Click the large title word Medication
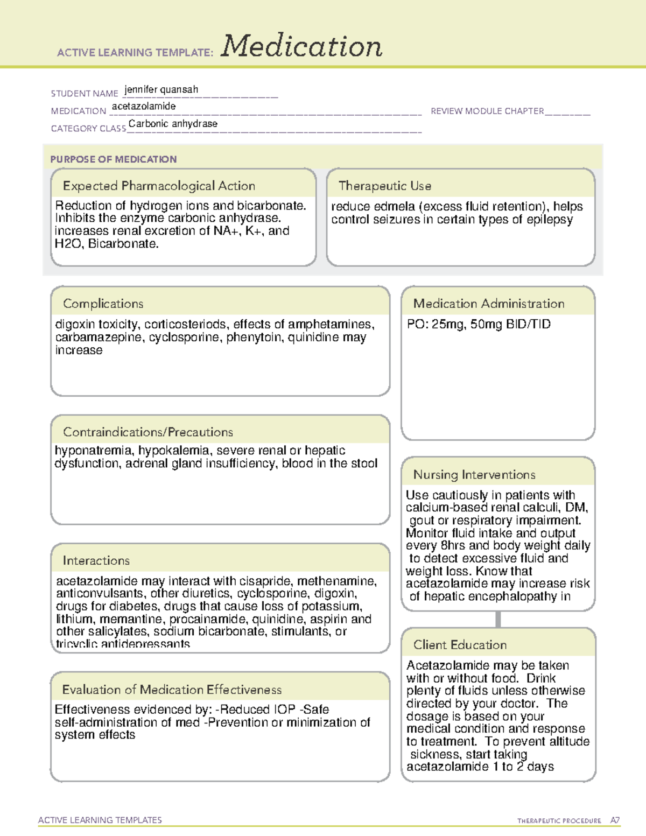(301, 46)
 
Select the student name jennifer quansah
(161, 89)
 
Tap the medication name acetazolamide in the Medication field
(144, 107)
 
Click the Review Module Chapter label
(487, 111)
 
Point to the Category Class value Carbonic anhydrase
(173, 124)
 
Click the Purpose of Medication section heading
(113, 159)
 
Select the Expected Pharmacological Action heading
(159, 186)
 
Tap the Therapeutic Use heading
(384, 186)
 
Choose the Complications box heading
(103, 304)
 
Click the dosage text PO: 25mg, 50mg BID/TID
(479, 324)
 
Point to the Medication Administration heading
(488, 304)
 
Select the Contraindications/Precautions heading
(148, 432)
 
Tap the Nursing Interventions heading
(474, 474)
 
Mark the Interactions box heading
(96, 560)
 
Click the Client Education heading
(460, 644)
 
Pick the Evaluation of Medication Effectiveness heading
(172, 690)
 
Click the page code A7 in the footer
(615, 820)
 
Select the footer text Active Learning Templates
(100, 820)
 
